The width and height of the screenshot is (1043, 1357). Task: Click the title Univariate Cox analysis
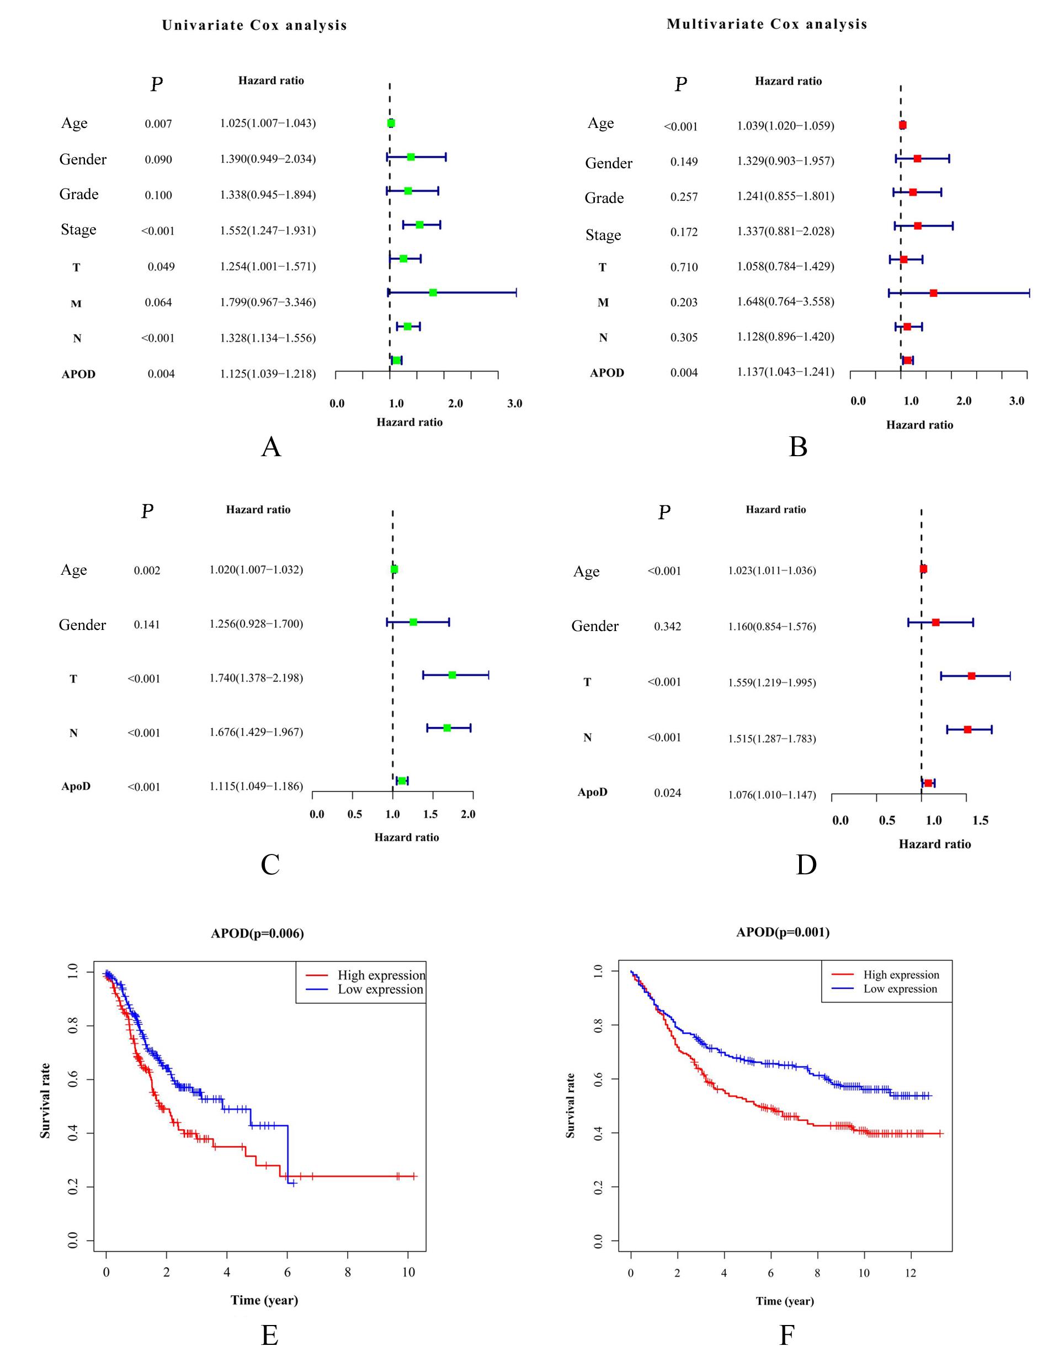tap(254, 25)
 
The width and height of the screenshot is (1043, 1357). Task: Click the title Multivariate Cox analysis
tap(767, 24)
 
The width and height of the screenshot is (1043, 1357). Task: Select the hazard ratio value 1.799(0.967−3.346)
tap(268, 302)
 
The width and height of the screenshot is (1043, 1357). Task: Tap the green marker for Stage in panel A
tap(419, 225)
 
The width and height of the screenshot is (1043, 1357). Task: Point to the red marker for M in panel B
tap(933, 293)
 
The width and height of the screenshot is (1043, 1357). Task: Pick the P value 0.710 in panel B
tap(684, 268)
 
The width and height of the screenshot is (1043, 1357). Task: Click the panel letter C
tap(270, 864)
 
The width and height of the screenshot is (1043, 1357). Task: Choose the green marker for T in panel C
tap(452, 675)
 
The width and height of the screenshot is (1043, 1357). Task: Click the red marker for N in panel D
tap(967, 730)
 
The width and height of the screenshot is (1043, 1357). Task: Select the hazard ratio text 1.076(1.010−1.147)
tap(771, 795)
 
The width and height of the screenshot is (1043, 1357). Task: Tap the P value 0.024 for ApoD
tap(667, 793)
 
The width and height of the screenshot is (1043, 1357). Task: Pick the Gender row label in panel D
tap(595, 626)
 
